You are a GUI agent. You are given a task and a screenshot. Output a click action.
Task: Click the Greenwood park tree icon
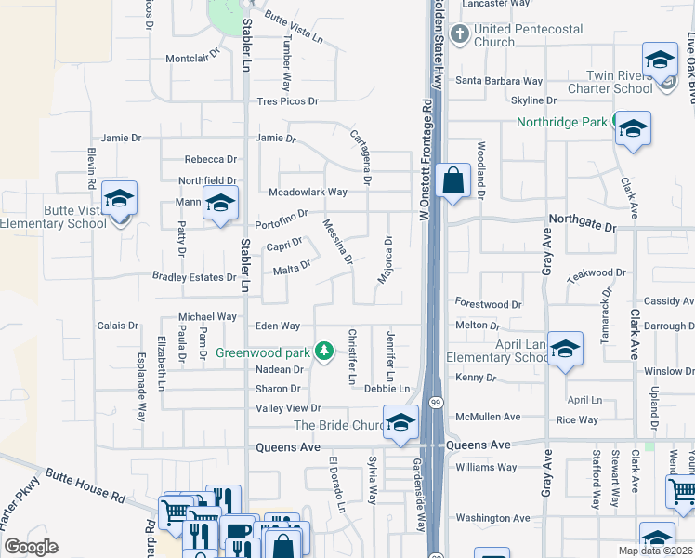click(324, 352)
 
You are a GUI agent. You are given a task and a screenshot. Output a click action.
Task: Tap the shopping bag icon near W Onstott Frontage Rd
click(452, 180)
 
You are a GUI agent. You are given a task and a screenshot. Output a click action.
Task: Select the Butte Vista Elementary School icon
click(119, 200)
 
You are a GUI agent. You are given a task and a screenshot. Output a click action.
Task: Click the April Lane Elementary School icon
click(565, 351)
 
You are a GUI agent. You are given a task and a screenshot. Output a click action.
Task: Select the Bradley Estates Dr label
click(194, 277)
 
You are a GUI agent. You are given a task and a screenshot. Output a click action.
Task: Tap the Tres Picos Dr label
click(288, 101)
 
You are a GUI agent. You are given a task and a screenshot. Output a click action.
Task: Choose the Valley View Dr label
click(288, 408)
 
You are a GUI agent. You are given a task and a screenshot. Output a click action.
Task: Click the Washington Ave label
click(493, 518)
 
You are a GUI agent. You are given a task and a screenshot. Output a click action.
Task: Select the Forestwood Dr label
click(489, 304)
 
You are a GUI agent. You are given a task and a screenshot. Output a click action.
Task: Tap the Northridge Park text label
click(561, 122)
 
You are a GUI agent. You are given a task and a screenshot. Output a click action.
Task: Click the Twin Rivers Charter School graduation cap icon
click(659, 61)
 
